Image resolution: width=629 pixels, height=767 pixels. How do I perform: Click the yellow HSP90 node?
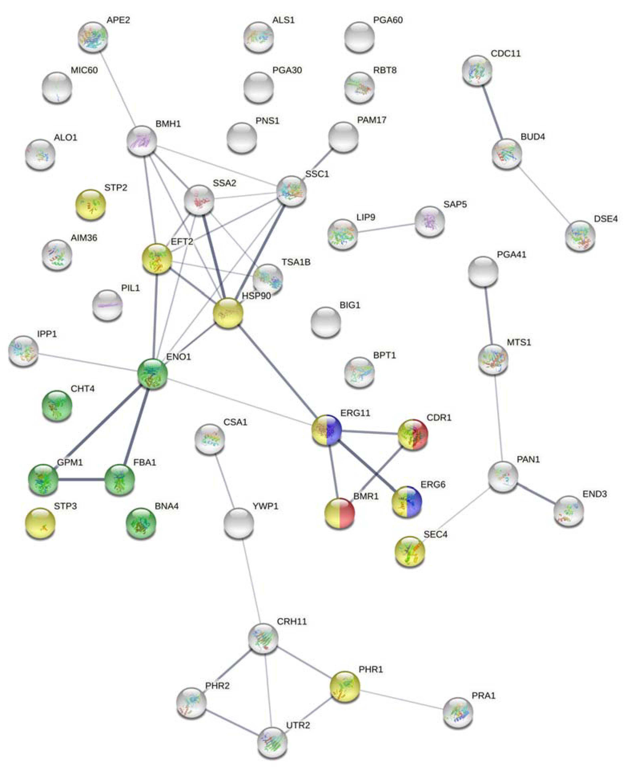click(x=228, y=313)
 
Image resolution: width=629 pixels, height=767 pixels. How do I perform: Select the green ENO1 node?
click(x=153, y=374)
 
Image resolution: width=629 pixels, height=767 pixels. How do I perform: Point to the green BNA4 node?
click(x=141, y=523)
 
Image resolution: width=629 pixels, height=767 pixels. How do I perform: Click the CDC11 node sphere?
click(x=477, y=70)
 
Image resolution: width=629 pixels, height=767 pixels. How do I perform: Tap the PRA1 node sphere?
click(x=458, y=712)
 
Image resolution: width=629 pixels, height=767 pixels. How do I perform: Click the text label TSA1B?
click(x=296, y=262)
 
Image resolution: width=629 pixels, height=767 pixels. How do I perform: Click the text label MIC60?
click(x=84, y=70)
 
